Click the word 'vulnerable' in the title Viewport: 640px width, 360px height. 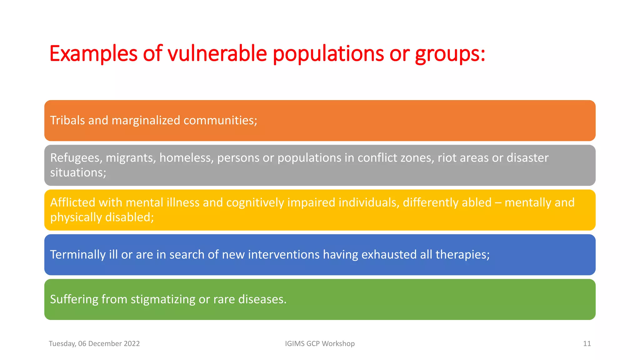(x=217, y=53)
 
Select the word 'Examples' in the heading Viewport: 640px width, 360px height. (x=93, y=54)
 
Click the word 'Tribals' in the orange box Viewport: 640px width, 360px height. (x=67, y=120)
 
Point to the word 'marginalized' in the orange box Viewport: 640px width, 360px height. (x=146, y=120)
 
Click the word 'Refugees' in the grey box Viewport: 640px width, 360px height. (x=76, y=158)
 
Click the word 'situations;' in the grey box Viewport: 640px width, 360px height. (x=78, y=172)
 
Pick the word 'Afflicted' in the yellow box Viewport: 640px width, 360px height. (x=72, y=202)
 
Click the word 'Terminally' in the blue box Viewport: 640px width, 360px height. (x=78, y=255)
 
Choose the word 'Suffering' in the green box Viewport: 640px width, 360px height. (x=74, y=299)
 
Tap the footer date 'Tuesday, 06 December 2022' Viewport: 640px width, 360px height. (x=94, y=343)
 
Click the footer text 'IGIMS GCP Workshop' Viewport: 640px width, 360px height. (x=320, y=343)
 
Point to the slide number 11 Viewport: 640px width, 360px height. (x=587, y=343)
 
